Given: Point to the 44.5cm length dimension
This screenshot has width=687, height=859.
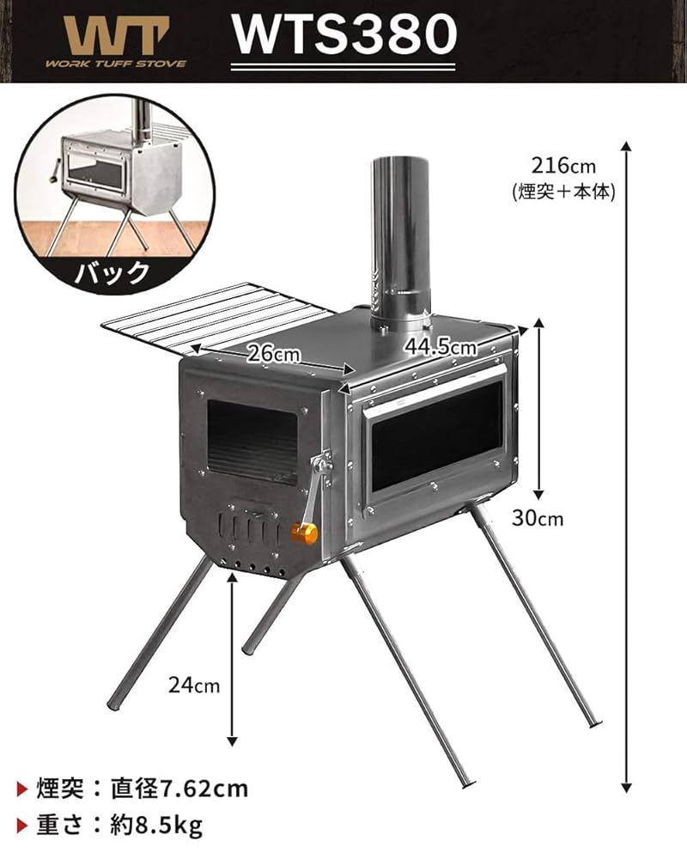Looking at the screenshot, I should click(440, 347).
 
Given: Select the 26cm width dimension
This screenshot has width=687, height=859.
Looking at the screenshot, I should click(273, 353).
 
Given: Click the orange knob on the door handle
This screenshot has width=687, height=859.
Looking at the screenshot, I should click(303, 533).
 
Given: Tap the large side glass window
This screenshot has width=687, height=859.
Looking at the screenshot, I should click(435, 436).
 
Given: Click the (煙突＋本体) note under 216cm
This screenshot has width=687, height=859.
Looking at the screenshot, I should click(562, 191).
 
